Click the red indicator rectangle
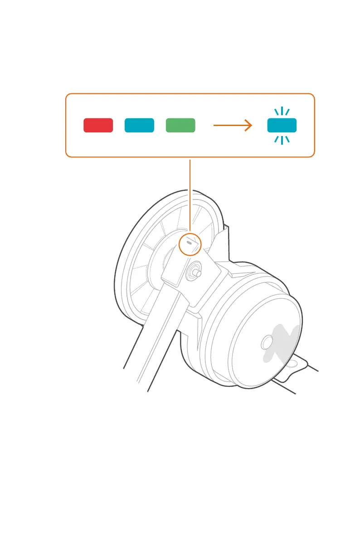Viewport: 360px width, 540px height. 98,125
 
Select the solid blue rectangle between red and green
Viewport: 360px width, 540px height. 139,125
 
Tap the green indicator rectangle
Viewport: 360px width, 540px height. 180,125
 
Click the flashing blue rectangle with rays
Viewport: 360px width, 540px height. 282,125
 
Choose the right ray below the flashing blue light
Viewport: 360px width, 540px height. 287,139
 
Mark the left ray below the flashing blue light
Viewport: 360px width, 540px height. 276,139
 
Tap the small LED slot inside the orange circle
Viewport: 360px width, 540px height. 189,243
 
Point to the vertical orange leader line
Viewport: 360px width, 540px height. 190,195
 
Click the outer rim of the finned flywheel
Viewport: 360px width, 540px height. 119,272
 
